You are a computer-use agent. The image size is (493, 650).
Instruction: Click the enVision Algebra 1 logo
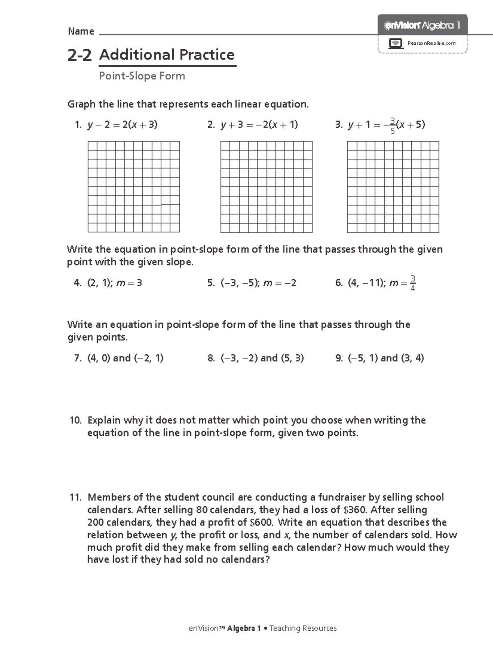coord(422,25)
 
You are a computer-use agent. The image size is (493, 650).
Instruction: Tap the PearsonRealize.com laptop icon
coord(395,43)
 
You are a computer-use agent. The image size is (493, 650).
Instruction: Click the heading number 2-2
coord(79,55)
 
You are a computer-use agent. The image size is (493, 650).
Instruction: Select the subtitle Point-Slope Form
coord(142,76)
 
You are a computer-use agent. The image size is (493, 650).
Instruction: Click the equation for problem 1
coord(122,124)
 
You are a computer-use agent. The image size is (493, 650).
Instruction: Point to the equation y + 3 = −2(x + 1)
coord(259,124)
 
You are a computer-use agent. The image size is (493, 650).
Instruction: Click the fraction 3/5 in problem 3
coord(392,126)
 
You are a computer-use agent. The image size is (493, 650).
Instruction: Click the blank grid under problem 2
coord(266,187)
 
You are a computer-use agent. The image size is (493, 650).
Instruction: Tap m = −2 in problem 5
coord(279,283)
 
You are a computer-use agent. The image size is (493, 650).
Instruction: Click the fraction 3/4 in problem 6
coord(412,283)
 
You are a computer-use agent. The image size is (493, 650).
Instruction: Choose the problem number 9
coord(339,358)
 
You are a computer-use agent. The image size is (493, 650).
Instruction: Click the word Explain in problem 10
coord(104,420)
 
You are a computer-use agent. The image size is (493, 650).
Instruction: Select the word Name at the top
coord(81,32)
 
